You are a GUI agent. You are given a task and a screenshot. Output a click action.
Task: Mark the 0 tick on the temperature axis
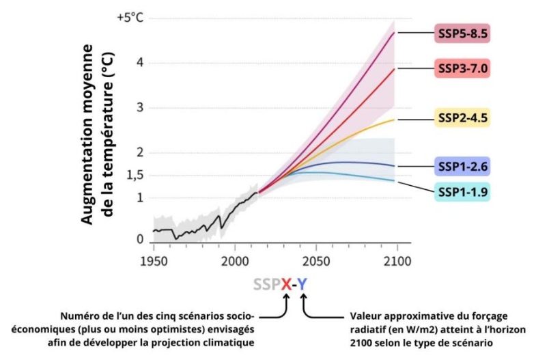(139, 239)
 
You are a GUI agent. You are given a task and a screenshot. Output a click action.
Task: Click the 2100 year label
(397, 262)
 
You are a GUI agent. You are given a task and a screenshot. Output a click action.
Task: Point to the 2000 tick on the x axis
(234, 262)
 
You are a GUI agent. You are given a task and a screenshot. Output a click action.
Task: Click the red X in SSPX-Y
(287, 283)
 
